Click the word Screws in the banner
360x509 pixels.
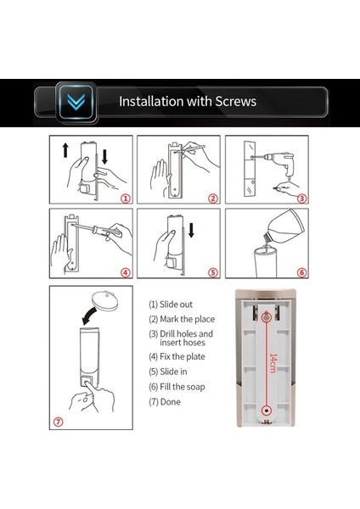click(236, 101)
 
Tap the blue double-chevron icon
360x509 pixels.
click(76, 102)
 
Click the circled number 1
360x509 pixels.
click(126, 199)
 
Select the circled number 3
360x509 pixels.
click(302, 199)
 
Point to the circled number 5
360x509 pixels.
click(213, 272)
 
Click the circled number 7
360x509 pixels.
click(58, 422)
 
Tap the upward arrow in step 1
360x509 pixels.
click(65, 150)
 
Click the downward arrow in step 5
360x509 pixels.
click(191, 230)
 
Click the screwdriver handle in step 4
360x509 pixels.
click(103, 231)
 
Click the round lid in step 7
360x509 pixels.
click(104, 301)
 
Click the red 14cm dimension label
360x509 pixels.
click(273, 363)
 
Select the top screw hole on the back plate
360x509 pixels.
click(267, 316)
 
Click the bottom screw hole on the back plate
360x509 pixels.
click(267, 411)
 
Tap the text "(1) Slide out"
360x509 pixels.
click(171, 305)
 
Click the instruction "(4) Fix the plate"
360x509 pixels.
click(177, 357)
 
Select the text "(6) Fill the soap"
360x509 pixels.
click(177, 387)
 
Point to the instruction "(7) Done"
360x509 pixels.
click(165, 402)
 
